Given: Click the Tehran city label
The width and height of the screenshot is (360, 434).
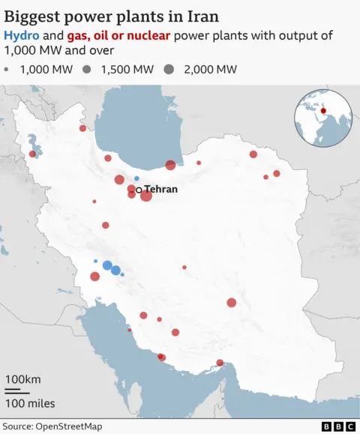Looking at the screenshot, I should coord(160,190).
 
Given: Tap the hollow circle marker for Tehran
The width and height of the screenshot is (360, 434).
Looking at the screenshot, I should coord(139,190).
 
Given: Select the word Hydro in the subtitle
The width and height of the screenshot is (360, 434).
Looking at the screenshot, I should coord(21,36).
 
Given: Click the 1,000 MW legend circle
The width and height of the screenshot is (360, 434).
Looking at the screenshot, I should coord(7,70).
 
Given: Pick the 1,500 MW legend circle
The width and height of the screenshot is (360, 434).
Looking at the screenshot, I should coord(88,70).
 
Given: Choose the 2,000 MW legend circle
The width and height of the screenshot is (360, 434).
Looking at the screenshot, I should coord(169,70).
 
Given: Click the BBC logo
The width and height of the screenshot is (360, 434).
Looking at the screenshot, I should coord(338,427).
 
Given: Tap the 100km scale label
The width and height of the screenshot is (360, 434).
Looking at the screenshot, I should coord(23,378).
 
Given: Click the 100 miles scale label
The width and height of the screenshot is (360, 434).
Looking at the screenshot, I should coord(30,403).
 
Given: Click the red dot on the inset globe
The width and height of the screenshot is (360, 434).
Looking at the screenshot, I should coord(323,112).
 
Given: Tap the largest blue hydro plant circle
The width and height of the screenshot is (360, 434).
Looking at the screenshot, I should coord(107,265).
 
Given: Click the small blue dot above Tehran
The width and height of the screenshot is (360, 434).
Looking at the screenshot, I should coord(136,178).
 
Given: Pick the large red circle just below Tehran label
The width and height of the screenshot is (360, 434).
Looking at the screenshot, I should coord(146,196).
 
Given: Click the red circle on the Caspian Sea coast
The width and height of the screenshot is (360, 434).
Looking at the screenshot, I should coord(171,165).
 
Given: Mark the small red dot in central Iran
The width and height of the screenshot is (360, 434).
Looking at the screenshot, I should coord(184,267).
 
